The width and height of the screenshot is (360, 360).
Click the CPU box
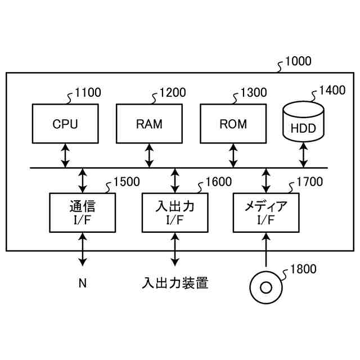click(65, 124)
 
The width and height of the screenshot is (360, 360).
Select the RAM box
click(149, 124)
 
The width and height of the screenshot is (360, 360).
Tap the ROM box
click(233, 124)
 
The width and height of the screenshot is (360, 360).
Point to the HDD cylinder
click(303, 121)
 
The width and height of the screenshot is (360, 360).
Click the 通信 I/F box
click(83, 213)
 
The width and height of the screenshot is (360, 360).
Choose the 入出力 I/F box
click(175, 213)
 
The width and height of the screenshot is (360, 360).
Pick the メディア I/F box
click(266, 213)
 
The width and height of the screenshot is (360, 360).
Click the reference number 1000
click(298, 61)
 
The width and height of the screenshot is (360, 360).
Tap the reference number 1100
click(88, 92)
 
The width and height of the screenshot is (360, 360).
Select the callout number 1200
click(173, 92)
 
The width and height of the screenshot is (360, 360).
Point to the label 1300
click(254, 92)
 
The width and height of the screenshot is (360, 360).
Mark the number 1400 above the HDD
click(332, 90)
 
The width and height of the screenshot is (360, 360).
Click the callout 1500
click(127, 182)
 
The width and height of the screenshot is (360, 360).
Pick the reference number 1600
click(219, 182)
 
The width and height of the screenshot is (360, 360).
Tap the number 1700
click(310, 182)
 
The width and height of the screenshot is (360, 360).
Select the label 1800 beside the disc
click(303, 269)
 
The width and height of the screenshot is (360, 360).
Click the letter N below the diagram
click(83, 283)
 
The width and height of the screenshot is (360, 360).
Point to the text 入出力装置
click(175, 283)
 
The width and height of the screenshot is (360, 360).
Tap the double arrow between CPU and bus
click(65, 156)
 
